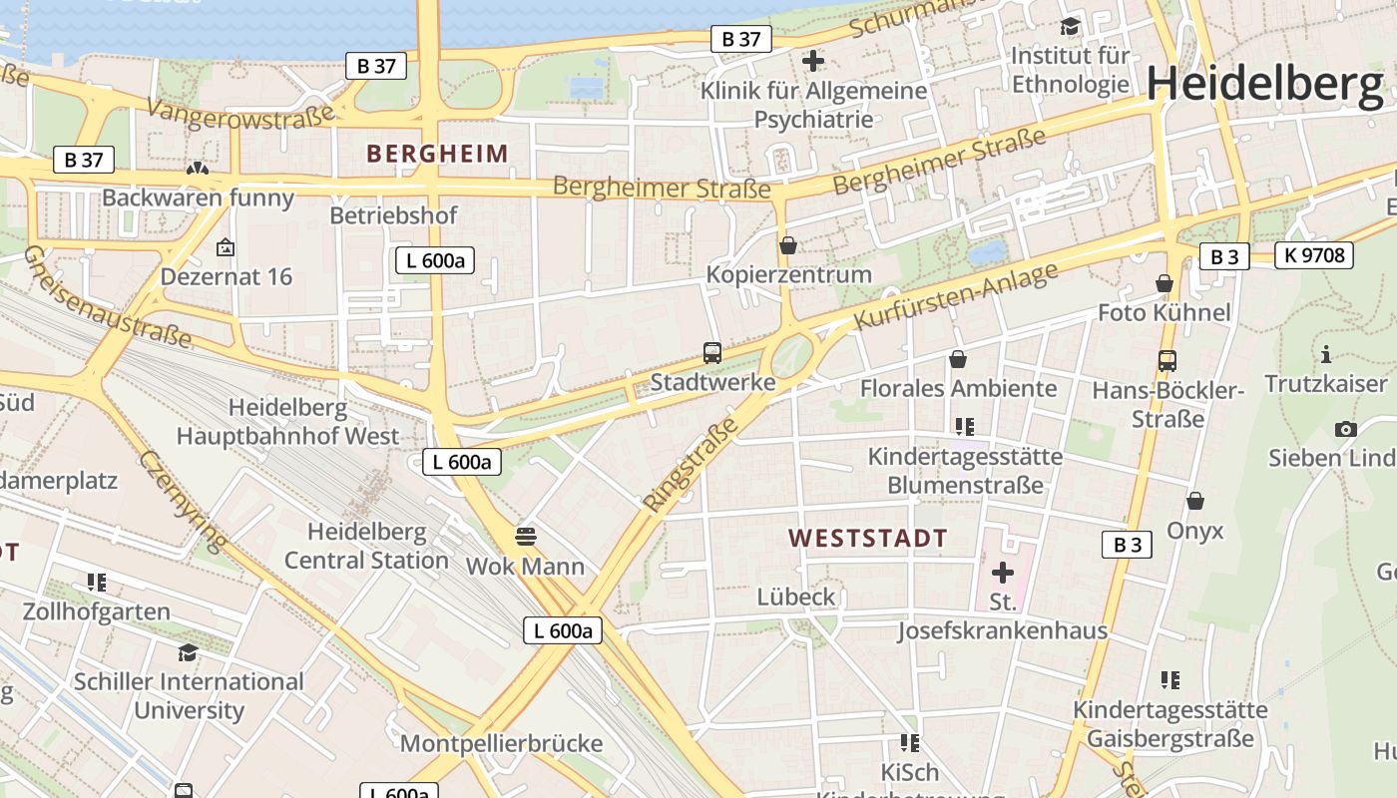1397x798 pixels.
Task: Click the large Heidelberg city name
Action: click(1264, 84)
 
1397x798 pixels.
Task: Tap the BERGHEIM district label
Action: click(437, 154)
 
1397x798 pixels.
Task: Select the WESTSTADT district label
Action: click(867, 539)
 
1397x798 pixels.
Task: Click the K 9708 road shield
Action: click(1314, 255)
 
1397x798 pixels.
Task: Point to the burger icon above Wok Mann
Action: click(526, 537)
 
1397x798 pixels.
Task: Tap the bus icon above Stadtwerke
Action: click(712, 352)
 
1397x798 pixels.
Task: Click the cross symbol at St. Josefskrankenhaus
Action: click(1003, 573)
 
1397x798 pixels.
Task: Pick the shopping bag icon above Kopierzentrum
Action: click(788, 244)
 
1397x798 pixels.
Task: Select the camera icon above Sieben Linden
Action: click(1345, 429)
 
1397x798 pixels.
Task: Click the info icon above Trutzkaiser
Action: click(1326, 354)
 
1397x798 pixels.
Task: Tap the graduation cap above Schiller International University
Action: click(188, 652)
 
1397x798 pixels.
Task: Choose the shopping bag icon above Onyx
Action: click(1194, 501)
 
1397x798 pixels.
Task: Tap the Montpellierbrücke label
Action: click(501, 744)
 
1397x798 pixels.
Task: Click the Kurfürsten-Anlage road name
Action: click(956, 296)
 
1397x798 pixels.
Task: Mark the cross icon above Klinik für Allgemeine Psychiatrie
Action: click(813, 61)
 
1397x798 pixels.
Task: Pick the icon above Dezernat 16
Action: click(226, 247)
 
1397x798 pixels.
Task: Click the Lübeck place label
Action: click(795, 598)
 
